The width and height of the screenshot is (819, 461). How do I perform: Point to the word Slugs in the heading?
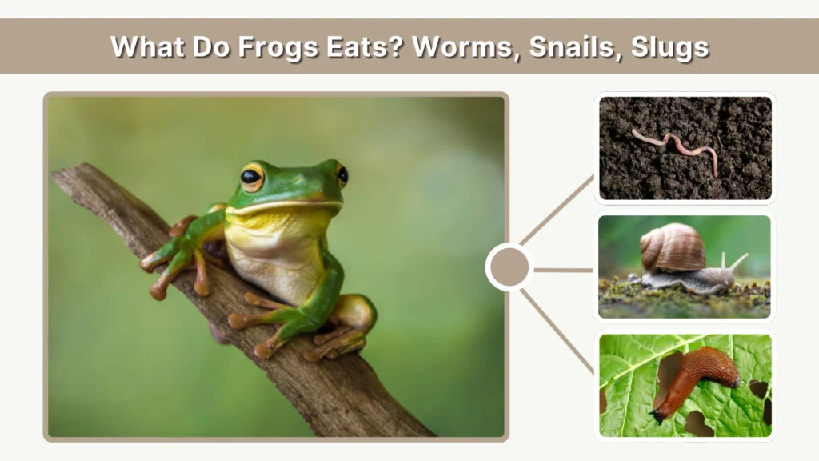click(x=669, y=46)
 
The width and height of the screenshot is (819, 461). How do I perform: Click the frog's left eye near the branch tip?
click(x=252, y=177)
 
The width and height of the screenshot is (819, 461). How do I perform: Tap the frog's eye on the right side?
click(x=342, y=174)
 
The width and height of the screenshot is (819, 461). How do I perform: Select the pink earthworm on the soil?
click(x=676, y=147)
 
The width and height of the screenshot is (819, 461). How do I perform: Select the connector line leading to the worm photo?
click(x=557, y=209)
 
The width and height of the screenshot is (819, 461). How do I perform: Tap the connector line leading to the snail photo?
click(x=563, y=270)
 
